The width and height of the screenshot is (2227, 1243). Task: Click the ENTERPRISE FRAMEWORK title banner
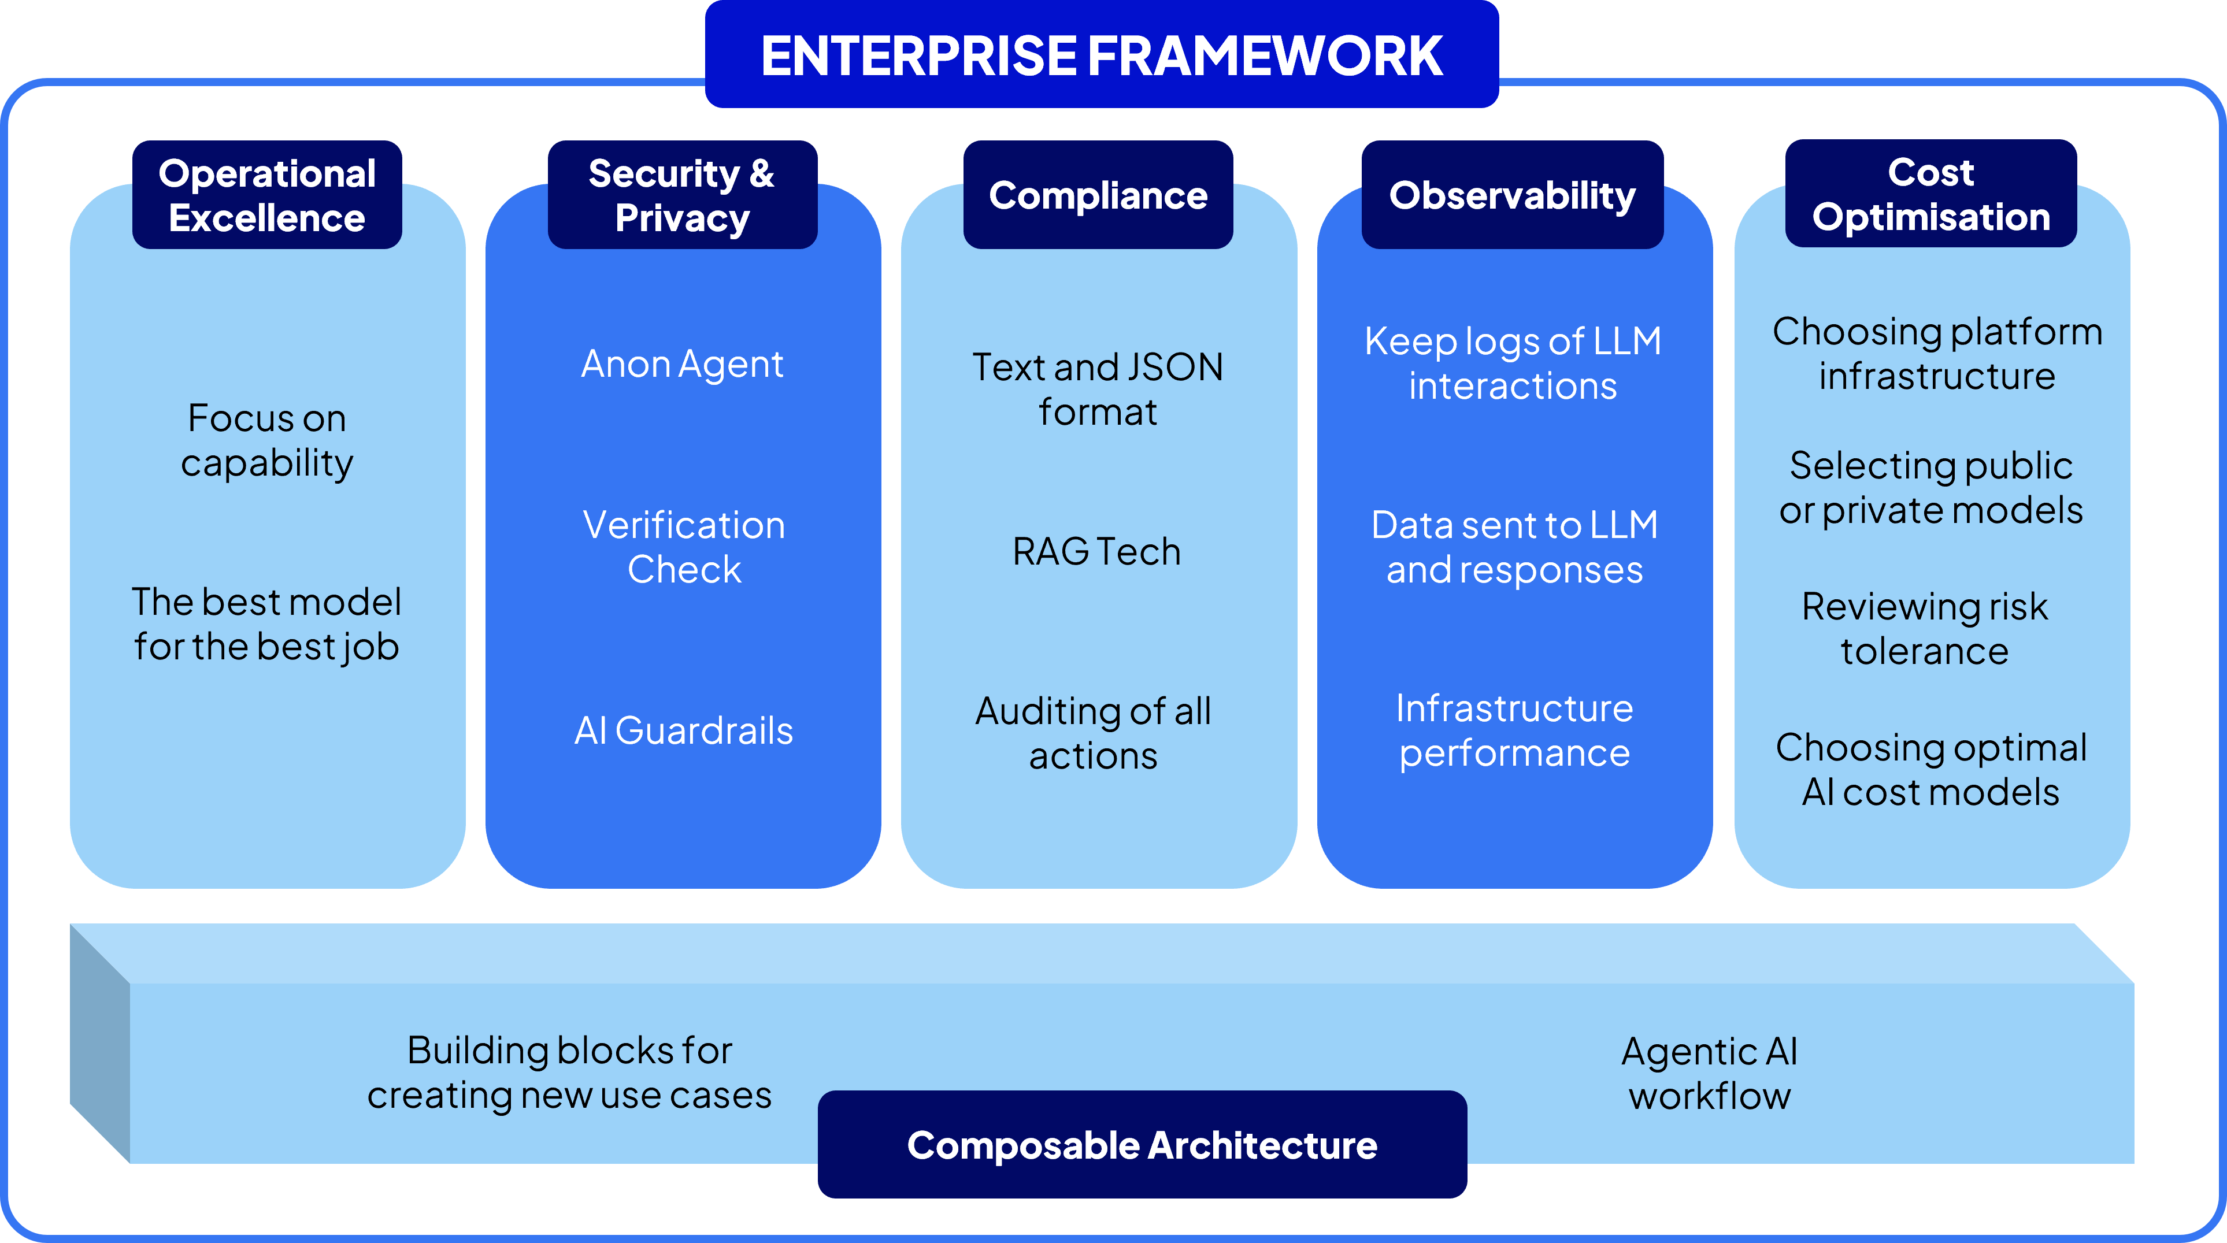pyautogui.click(x=1102, y=54)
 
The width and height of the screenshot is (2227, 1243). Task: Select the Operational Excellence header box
pyautogui.click(x=267, y=195)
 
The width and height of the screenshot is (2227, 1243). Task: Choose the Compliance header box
pyautogui.click(x=1098, y=195)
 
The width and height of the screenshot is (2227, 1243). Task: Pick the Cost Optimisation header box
pyautogui.click(x=1930, y=194)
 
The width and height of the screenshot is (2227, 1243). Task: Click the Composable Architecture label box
pyautogui.click(x=1142, y=1144)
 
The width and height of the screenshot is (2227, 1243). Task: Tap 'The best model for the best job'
pyautogui.click(x=267, y=625)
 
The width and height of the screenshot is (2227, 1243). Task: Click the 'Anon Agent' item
pyautogui.click(x=682, y=364)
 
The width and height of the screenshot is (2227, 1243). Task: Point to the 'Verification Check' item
pyautogui.click(x=684, y=547)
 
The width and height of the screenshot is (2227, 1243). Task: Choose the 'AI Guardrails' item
pyautogui.click(x=684, y=730)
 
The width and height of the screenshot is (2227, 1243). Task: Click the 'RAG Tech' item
pyautogui.click(x=1097, y=551)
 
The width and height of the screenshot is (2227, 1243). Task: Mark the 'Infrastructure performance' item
pyautogui.click(x=1515, y=731)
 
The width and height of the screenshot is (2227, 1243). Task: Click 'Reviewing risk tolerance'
pyautogui.click(x=1924, y=628)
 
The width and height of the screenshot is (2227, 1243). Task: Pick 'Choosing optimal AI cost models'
pyautogui.click(x=1931, y=769)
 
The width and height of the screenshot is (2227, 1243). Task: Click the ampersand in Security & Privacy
pyautogui.click(x=762, y=174)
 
